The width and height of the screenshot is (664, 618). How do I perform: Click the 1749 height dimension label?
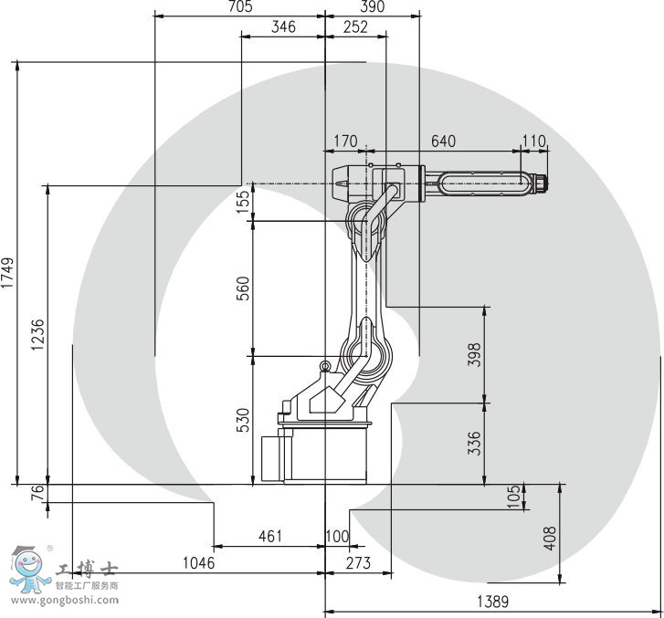pos(7,273)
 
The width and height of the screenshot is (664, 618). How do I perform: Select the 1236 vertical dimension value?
pos(37,335)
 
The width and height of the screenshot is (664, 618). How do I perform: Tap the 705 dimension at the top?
pos(239,7)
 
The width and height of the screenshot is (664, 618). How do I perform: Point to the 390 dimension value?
pos(373,7)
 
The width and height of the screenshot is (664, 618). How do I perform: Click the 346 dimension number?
pos(284,27)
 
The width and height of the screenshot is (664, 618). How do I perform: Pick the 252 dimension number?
pos(354,27)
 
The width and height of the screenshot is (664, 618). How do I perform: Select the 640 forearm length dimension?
pos(443,141)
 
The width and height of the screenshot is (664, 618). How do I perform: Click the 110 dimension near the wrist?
pos(532,141)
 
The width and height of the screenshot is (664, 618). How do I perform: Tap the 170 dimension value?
pos(345,141)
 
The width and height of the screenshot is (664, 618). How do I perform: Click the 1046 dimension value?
pos(198,563)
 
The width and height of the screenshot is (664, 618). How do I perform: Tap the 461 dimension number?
pos(269,536)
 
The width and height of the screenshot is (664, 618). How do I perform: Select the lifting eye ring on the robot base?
pos(324,366)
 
